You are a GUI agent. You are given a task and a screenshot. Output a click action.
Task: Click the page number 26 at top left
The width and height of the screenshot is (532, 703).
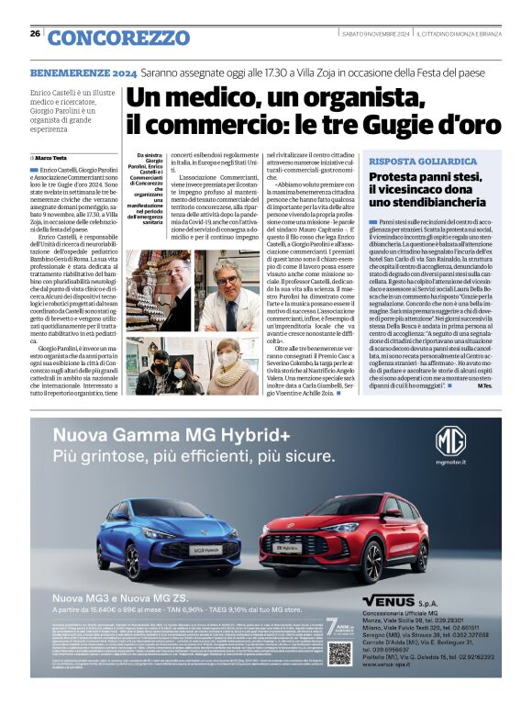35,33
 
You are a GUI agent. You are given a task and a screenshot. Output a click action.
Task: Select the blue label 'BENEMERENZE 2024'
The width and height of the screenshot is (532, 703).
83,72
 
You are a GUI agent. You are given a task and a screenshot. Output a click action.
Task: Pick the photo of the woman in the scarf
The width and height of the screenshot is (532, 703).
227,367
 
